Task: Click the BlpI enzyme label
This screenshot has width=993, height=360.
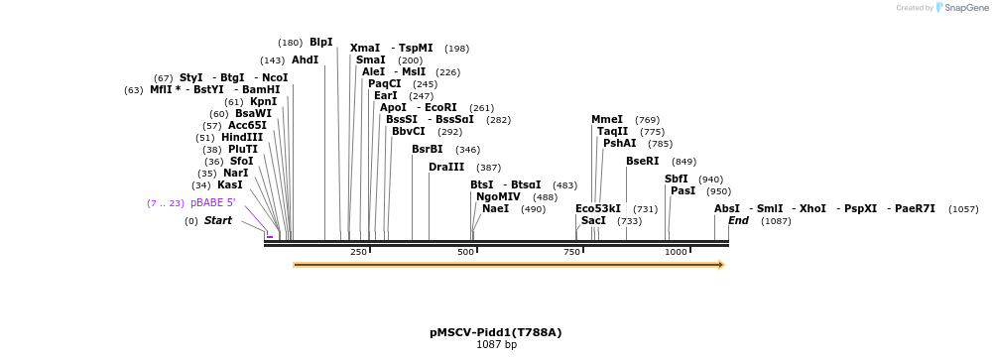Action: click(321, 43)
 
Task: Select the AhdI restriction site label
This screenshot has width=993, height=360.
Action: click(305, 60)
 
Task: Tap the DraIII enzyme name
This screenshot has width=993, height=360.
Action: click(446, 167)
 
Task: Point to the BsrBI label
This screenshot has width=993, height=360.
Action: click(428, 149)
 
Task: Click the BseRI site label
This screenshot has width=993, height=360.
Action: click(642, 161)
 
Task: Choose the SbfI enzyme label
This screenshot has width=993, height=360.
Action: click(676, 179)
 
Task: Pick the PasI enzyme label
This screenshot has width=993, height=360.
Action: click(683, 190)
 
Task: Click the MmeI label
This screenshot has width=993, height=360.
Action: click(607, 119)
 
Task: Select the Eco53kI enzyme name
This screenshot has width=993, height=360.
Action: click(598, 208)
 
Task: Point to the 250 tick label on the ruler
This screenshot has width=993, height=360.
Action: click(359, 252)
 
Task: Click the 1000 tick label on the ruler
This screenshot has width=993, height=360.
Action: click(676, 252)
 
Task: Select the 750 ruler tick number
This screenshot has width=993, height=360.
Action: click(572, 252)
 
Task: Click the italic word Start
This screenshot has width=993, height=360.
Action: click(217, 220)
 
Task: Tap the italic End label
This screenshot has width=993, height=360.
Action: click(738, 220)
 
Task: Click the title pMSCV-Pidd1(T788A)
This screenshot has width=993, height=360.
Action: click(496, 332)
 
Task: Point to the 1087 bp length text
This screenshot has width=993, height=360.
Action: click(496, 345)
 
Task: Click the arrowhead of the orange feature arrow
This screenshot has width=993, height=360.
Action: click(721, 265)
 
